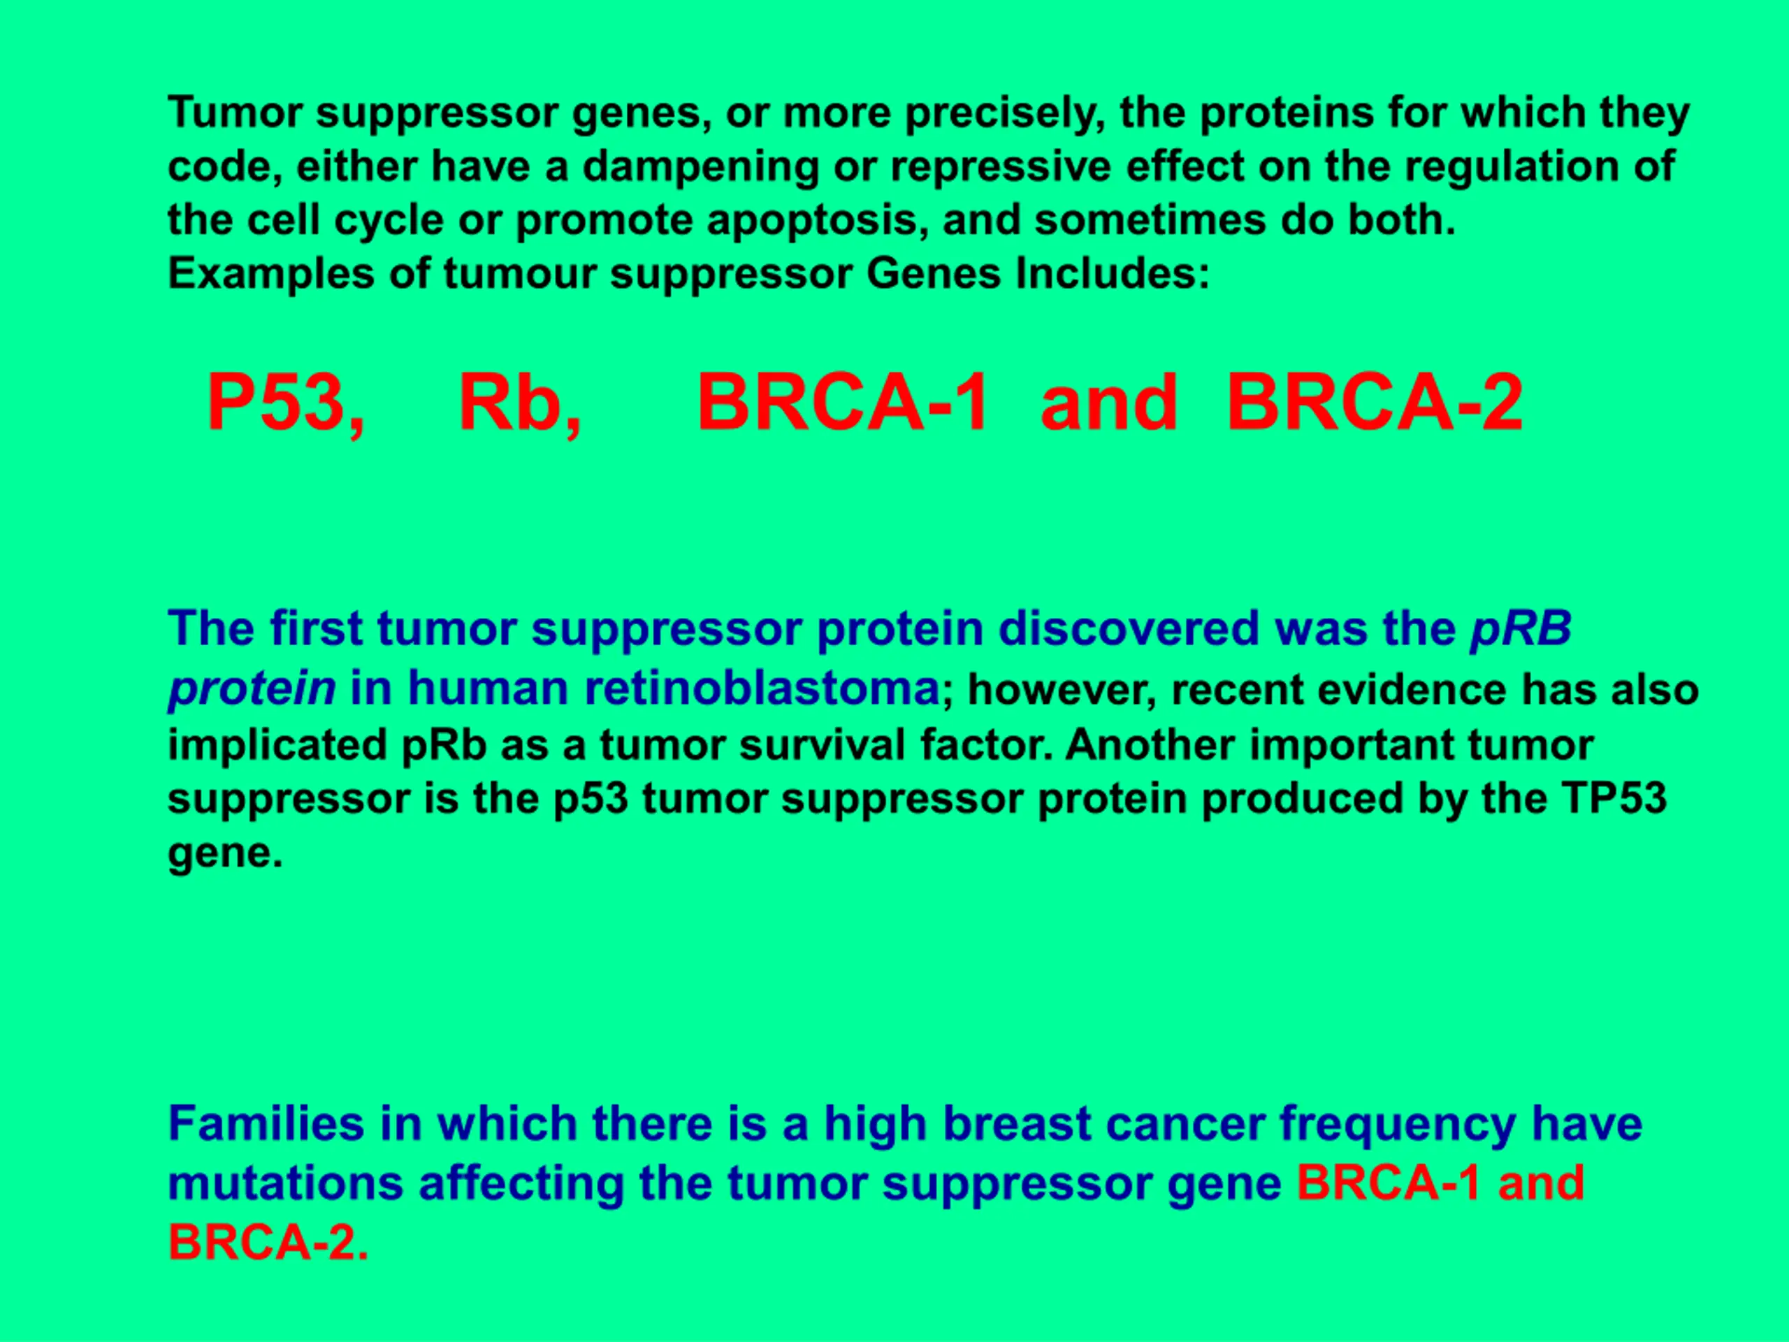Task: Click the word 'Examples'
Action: [x=271, y=275]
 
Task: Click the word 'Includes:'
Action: [x=1113, y=274]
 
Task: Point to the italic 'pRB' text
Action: [x=1521, y=628]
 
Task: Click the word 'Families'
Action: [x=266, y=1125]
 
